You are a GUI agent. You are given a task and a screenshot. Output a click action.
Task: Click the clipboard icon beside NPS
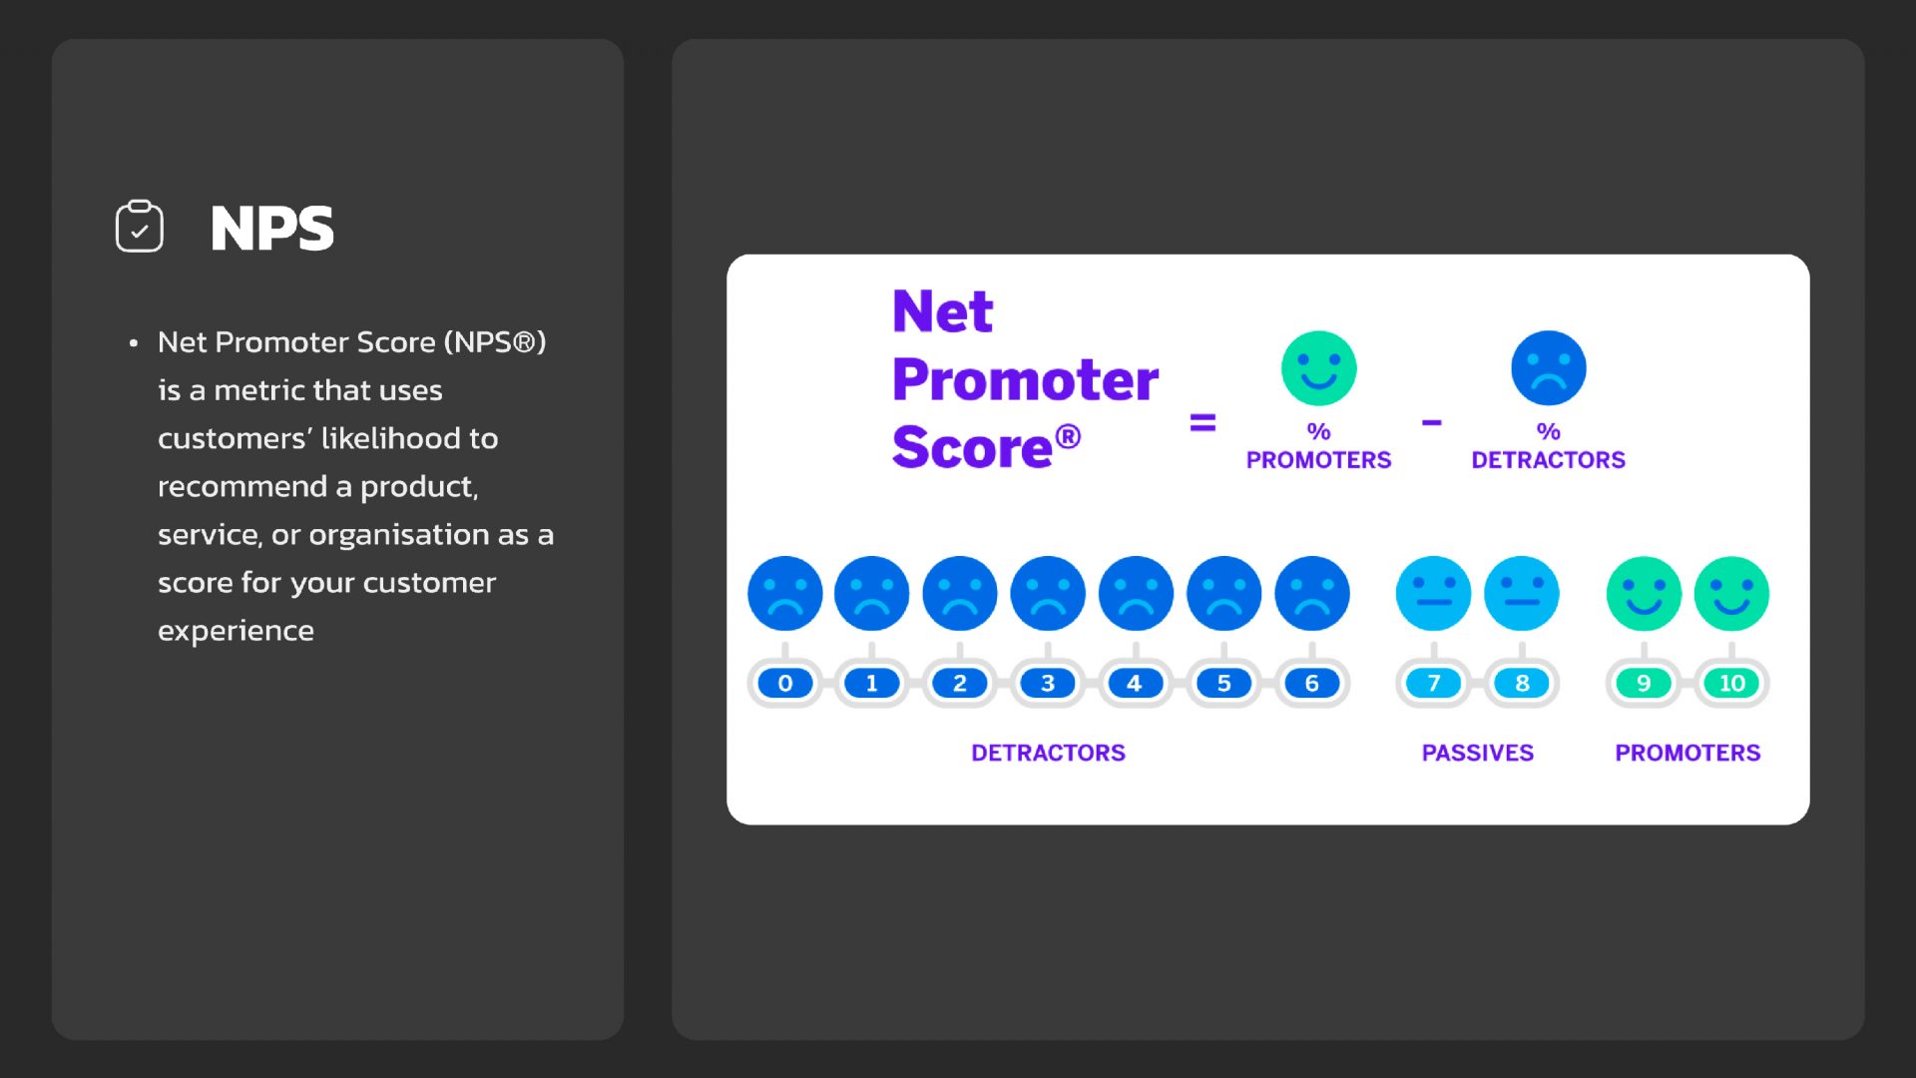[x=140, y=226]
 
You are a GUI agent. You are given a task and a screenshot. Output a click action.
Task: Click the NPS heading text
[x=271, y=229]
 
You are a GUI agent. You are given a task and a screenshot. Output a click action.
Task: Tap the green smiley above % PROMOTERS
[x=1318, y=368]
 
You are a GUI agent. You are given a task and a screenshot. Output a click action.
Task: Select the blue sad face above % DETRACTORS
[x=1548, y=368]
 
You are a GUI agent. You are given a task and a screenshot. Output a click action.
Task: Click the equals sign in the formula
[x=1202, y=423]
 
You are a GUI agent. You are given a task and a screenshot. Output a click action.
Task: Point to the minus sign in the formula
[x=1432, y=423]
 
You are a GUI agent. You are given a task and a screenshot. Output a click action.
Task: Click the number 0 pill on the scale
[x=784, y=684]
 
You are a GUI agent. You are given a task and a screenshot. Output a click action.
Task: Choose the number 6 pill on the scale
[x=1311, y=684]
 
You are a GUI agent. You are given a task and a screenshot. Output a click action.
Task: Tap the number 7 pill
[x=1433, y=684]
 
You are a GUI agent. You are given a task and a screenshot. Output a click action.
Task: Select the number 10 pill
[x=1731, y=684]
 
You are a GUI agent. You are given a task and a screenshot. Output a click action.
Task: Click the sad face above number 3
[x=1048, y=594]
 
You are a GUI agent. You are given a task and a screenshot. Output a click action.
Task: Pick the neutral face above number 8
[x=1521, y=594]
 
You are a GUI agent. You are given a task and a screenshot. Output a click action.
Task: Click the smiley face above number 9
[x=1644, y=594]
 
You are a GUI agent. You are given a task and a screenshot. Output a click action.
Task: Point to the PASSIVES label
[x=1477, y=753]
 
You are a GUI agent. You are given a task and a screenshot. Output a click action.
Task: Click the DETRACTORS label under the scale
[x=1048, y=753]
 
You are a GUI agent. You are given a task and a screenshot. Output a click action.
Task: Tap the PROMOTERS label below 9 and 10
[x=1687, y=753]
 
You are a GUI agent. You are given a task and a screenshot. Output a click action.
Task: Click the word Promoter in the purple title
[x=1025, y=379]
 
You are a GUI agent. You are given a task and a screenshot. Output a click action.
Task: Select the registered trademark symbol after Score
[x=1068, y=436]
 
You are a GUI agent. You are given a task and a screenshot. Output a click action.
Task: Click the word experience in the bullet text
[x=236, y=632]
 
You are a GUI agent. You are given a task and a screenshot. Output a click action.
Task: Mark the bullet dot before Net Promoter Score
[x=134, y=343]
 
